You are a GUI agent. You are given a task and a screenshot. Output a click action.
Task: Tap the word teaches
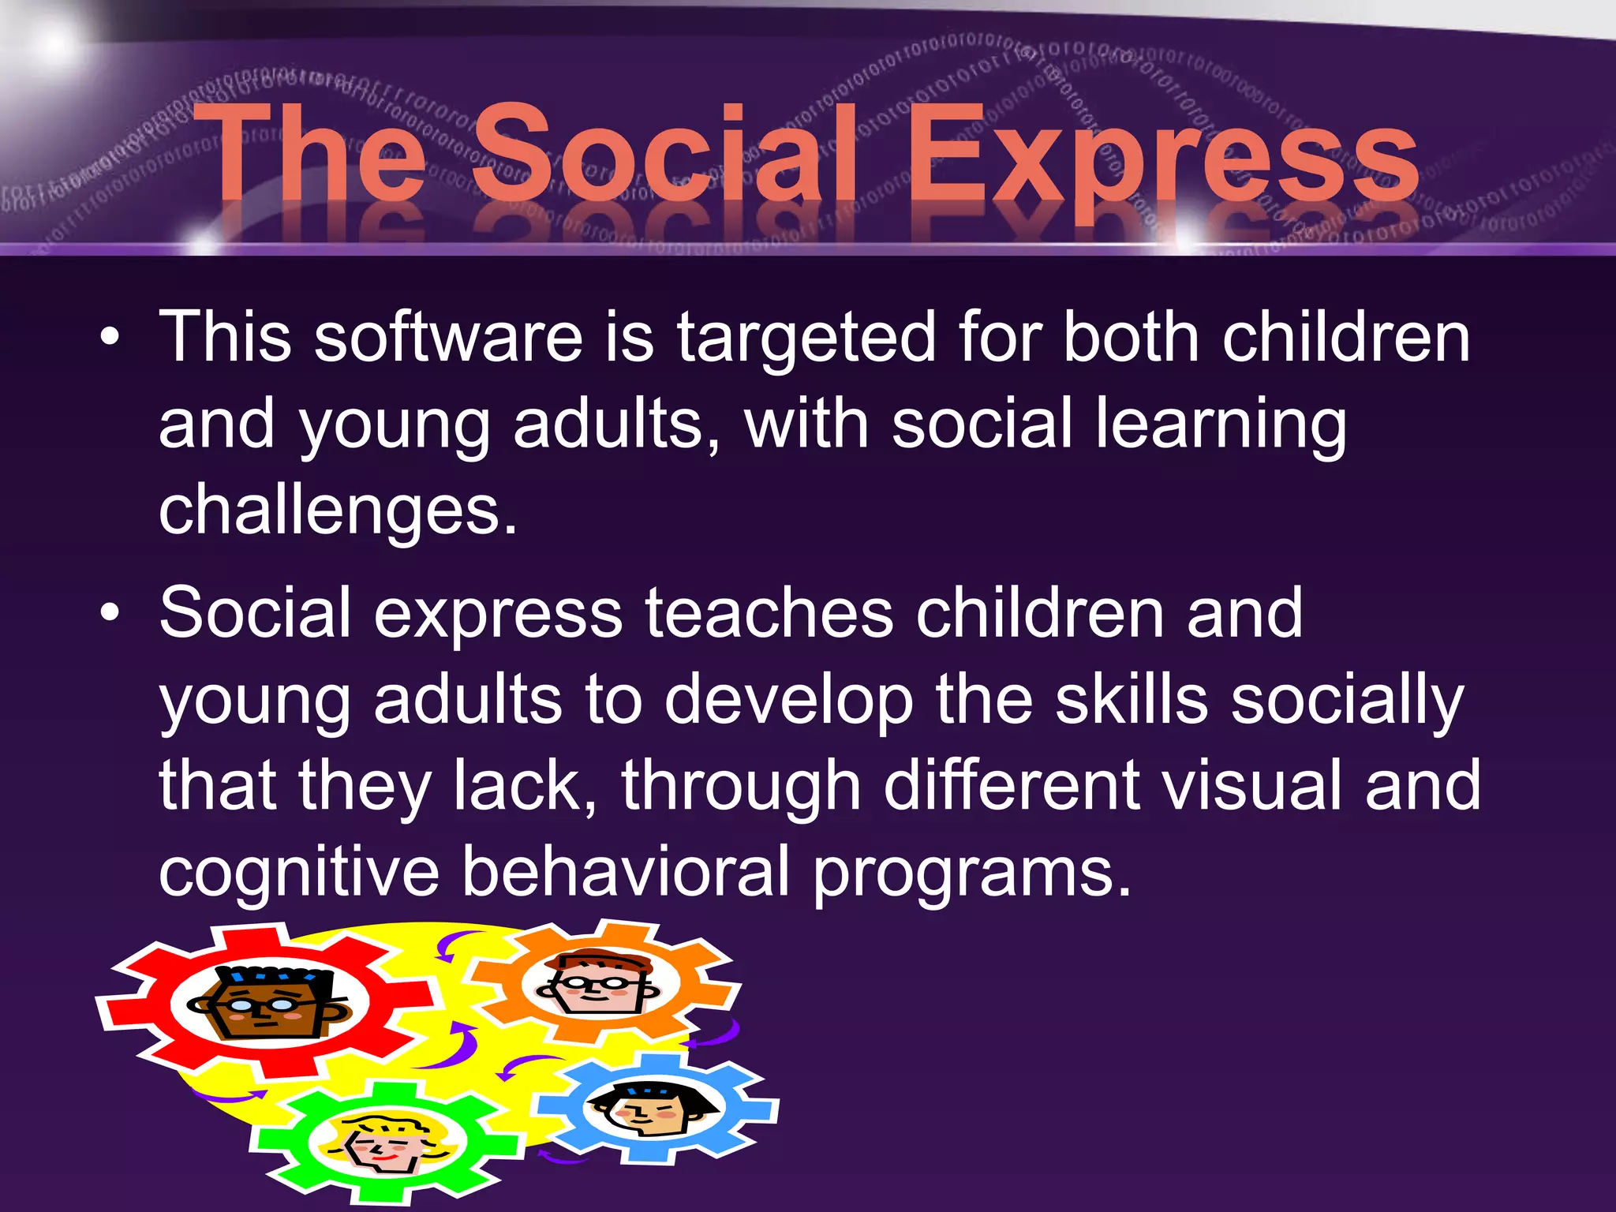(769, 614)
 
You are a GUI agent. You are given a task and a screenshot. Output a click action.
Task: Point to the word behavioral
(625, 872)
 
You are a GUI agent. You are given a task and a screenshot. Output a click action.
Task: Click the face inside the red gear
(268, 1002)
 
